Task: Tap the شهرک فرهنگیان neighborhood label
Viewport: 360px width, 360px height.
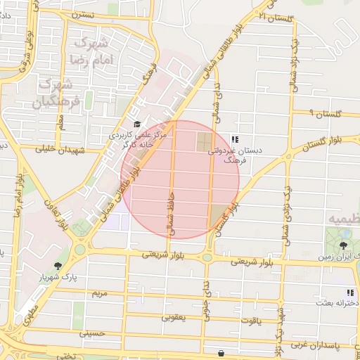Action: tap(53, 94)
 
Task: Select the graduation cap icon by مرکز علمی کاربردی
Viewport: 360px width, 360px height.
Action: tap(136, 124)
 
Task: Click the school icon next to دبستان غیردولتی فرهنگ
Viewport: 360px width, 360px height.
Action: tap(234, 139)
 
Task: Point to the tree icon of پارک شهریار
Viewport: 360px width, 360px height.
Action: tap(58, 266)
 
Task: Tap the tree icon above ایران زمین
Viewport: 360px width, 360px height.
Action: tap(342, 245)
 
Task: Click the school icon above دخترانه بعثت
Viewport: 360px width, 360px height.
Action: tap(349, 292)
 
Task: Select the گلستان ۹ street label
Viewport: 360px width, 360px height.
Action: tap(326, 112)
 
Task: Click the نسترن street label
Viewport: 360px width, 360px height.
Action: tap(82, 14)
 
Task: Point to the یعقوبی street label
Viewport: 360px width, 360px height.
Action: tap(174, 317)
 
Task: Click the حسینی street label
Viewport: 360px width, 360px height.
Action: tap(91, 334)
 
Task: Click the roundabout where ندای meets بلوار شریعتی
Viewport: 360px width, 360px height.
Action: tap(207, 257)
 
